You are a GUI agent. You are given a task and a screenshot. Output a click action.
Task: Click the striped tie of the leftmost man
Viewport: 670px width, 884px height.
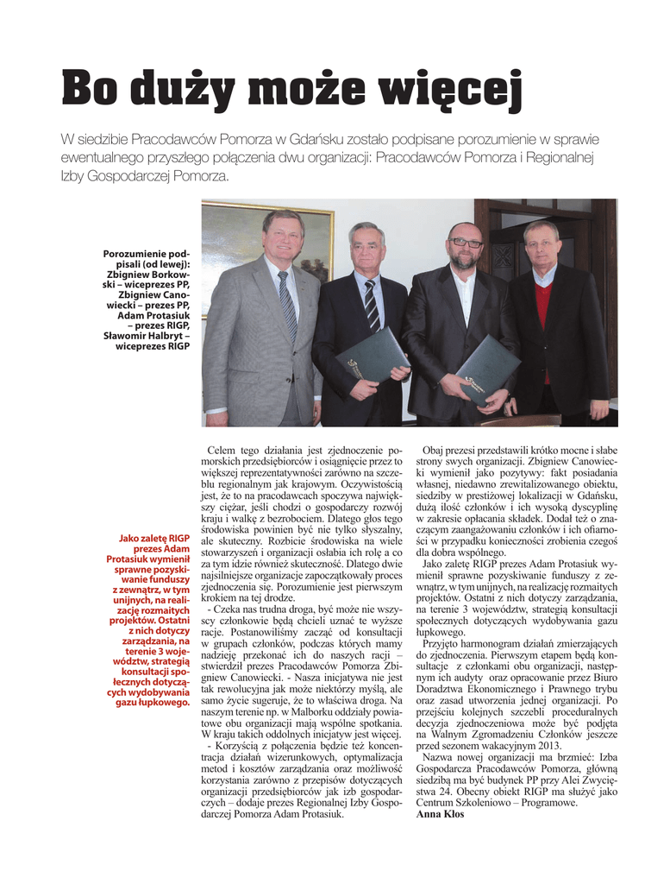287,305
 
